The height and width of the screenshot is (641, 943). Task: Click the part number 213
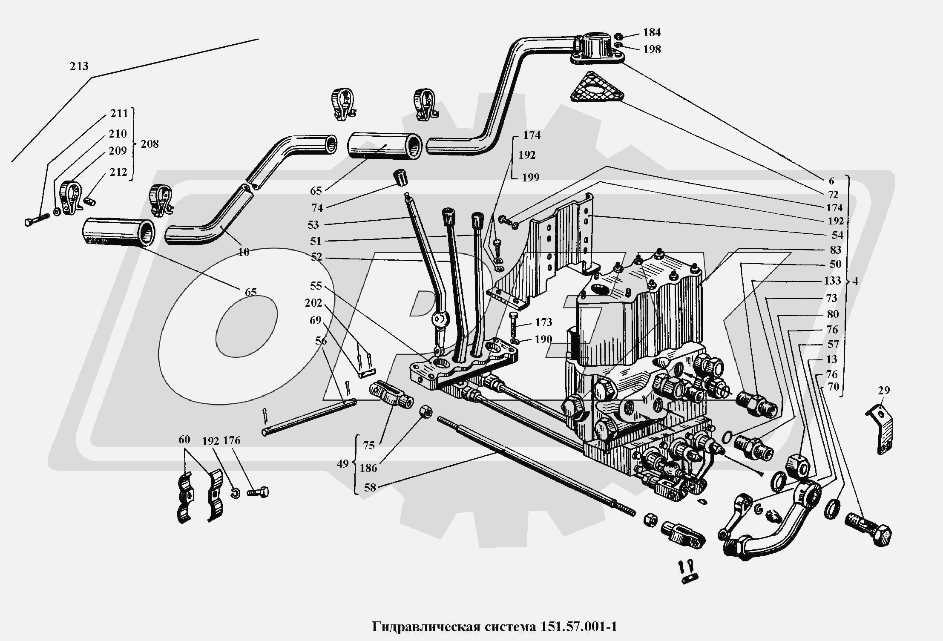coord(79,66)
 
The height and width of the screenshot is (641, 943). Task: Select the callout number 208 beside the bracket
coord(149,144)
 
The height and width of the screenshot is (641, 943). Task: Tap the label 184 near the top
coord(652,32)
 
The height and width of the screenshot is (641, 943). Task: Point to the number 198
coord(652,49)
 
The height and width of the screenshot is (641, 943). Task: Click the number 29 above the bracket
coord(884,390)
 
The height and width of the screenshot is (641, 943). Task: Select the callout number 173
coord(544,322)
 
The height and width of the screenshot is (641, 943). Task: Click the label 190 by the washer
coord(543,339)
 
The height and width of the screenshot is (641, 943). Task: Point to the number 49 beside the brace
coord(343,464)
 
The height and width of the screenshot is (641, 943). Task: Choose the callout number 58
coord(370,488)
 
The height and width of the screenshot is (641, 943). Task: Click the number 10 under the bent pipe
coord(243,252)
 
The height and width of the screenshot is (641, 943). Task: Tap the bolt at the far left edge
coord(37,220)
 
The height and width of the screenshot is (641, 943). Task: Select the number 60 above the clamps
coord(184,439)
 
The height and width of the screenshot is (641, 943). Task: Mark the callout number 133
coord(832,281)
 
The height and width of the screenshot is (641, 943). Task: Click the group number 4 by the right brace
coord(855,281)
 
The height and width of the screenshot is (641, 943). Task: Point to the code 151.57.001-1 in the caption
coord(579,627)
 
